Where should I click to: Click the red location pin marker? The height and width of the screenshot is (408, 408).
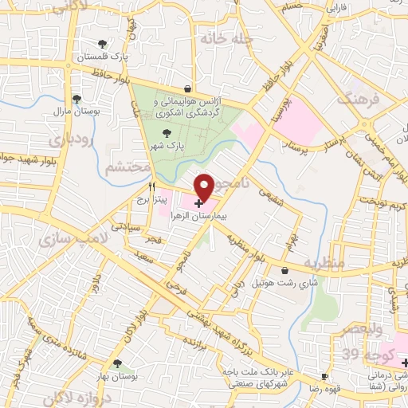coord(204,186)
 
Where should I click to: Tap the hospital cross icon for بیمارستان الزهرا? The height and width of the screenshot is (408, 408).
coord(198,205)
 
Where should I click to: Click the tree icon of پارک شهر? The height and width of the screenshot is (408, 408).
coord(167,134)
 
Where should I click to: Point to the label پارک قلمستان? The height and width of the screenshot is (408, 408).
coord(102,58)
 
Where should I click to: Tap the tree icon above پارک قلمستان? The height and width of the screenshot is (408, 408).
coord(101,45)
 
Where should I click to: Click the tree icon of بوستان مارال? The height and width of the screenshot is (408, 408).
coord(76,100)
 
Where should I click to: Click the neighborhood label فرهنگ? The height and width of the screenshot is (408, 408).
coord(355,100)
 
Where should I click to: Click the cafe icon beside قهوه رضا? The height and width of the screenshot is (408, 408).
coord(324,376)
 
